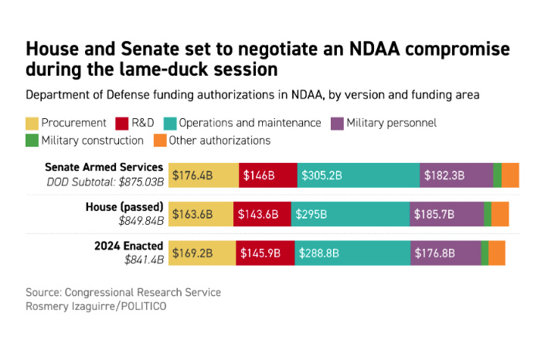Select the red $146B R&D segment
267,175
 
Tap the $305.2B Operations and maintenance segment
359,175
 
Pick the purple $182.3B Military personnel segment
456,175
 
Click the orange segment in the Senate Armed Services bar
510,175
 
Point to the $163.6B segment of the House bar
201,214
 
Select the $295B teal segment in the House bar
350,214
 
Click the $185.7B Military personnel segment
447,214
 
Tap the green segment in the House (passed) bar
488,214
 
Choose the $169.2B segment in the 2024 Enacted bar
202,253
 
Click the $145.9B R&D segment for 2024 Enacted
265,253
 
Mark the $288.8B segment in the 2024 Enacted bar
352,253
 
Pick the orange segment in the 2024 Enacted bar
497,253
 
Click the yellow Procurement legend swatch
32,123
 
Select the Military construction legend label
92,141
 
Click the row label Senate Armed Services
104,167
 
